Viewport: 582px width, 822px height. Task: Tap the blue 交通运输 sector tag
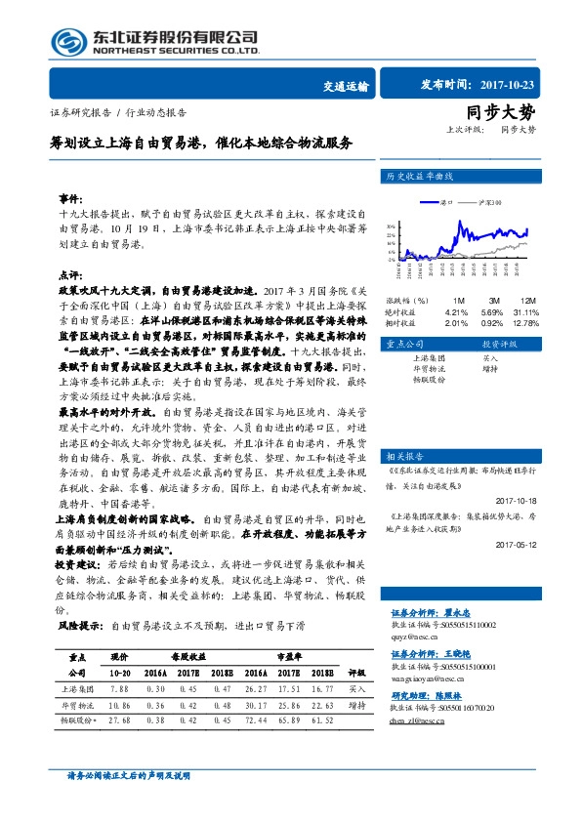(345, 86)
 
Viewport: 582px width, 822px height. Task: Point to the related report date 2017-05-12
(516, 545)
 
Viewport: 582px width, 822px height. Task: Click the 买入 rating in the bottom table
(356, 716)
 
